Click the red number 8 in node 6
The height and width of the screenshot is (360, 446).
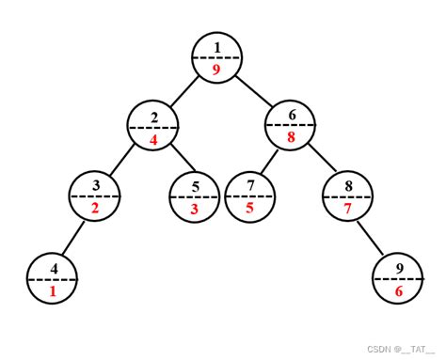(291, 137)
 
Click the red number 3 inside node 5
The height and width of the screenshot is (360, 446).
(194, 209)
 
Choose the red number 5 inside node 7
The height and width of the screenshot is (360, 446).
(250, 208)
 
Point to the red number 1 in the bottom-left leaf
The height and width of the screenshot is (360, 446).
(53, 291)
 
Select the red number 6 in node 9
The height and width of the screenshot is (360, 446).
(399, 291)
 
